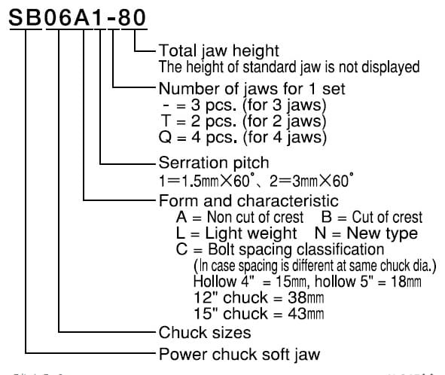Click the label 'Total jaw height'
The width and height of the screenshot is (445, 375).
point(219,51)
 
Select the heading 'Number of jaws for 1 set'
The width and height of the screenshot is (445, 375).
point(251,89)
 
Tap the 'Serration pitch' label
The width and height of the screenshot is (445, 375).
point(214,163)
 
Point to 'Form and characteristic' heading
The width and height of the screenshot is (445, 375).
point(248,201)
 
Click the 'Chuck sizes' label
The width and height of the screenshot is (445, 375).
point(205,333)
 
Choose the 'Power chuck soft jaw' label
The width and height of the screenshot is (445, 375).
point(239,355)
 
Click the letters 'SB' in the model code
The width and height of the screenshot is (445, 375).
point(26,17)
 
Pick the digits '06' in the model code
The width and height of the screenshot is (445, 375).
point(58,17)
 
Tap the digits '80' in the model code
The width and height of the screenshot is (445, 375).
point(132,17)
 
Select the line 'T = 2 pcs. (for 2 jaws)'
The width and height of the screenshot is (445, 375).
point(243,121)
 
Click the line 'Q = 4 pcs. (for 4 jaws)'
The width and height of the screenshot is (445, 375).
point(242,138)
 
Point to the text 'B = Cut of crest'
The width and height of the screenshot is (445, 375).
point(372,218)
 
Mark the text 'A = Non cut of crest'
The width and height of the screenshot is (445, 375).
point(239,218)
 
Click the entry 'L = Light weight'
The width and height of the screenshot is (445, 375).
point(236,233)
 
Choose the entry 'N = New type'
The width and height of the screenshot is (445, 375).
point(366,233)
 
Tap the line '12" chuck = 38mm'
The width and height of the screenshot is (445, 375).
point(258,298)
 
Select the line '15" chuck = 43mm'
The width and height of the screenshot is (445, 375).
point(258,314)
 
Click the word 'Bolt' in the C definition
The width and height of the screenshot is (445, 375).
point(221,249)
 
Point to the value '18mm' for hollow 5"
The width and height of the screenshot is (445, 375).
point(406,282)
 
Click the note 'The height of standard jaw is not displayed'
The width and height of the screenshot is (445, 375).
point(289,68)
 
